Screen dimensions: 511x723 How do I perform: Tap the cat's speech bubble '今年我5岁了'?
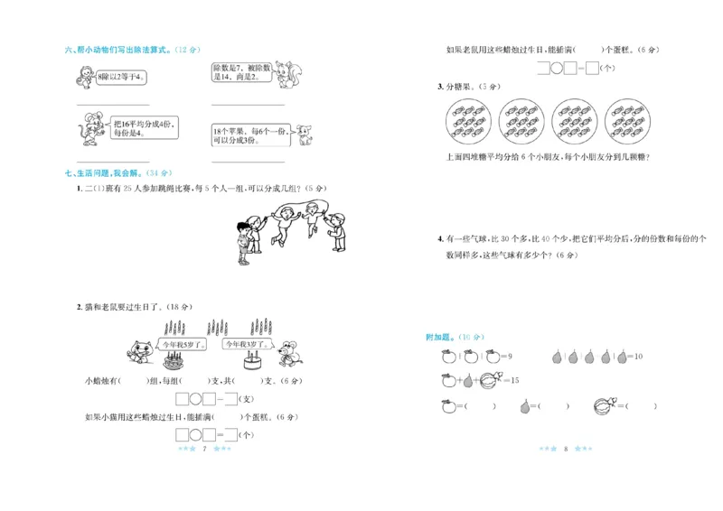coord(181,344)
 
